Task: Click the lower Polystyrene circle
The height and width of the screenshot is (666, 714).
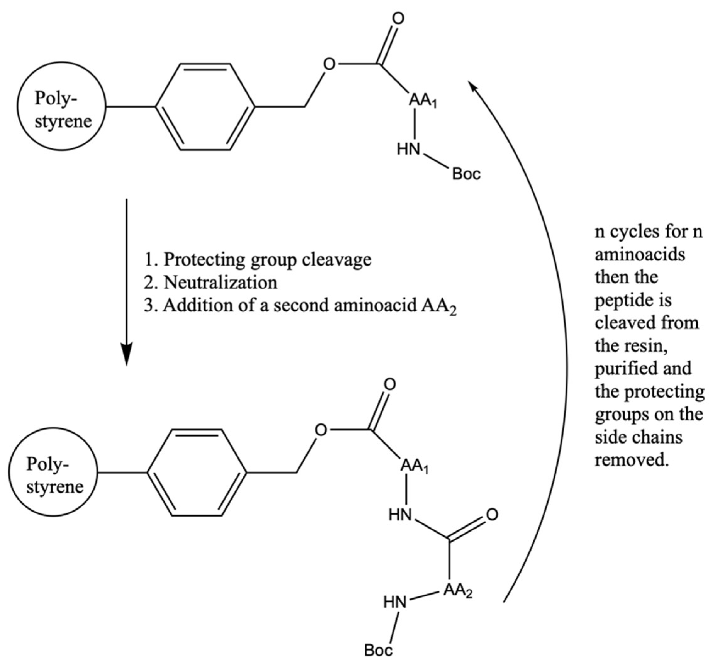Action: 53,472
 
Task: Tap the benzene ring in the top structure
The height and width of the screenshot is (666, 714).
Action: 205,107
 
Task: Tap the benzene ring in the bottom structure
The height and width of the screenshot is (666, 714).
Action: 197,473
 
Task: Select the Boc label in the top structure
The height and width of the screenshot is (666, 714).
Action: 466,174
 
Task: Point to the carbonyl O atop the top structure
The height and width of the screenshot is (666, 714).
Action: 398,19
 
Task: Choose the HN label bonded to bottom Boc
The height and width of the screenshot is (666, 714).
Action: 395,602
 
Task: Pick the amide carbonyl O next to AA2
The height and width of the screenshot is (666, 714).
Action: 492,515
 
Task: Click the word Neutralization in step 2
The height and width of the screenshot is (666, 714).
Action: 220,283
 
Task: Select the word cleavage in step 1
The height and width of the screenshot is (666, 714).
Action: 336,259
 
